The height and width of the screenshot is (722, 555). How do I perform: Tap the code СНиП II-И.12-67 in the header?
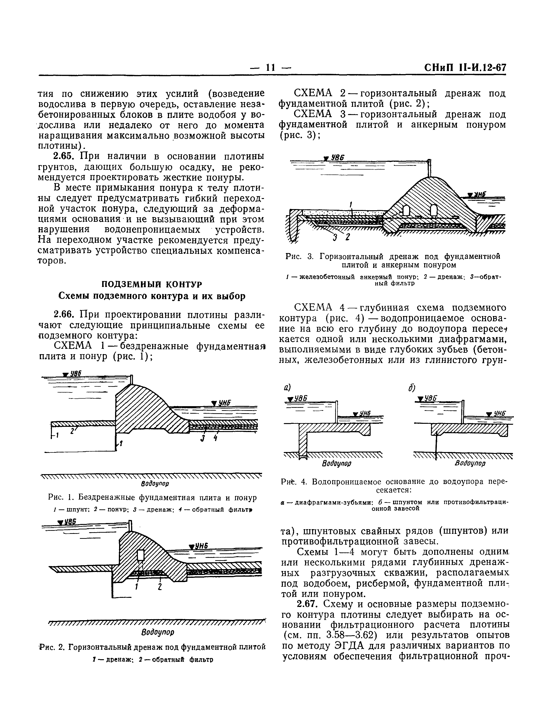(465, 68)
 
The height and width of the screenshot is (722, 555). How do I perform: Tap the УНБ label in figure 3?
(479, 195)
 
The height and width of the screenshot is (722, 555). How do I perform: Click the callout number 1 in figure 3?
(351, 205)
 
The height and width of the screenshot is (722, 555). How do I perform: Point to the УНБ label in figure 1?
(224, 403)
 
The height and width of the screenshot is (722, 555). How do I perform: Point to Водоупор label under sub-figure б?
(470, 464)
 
